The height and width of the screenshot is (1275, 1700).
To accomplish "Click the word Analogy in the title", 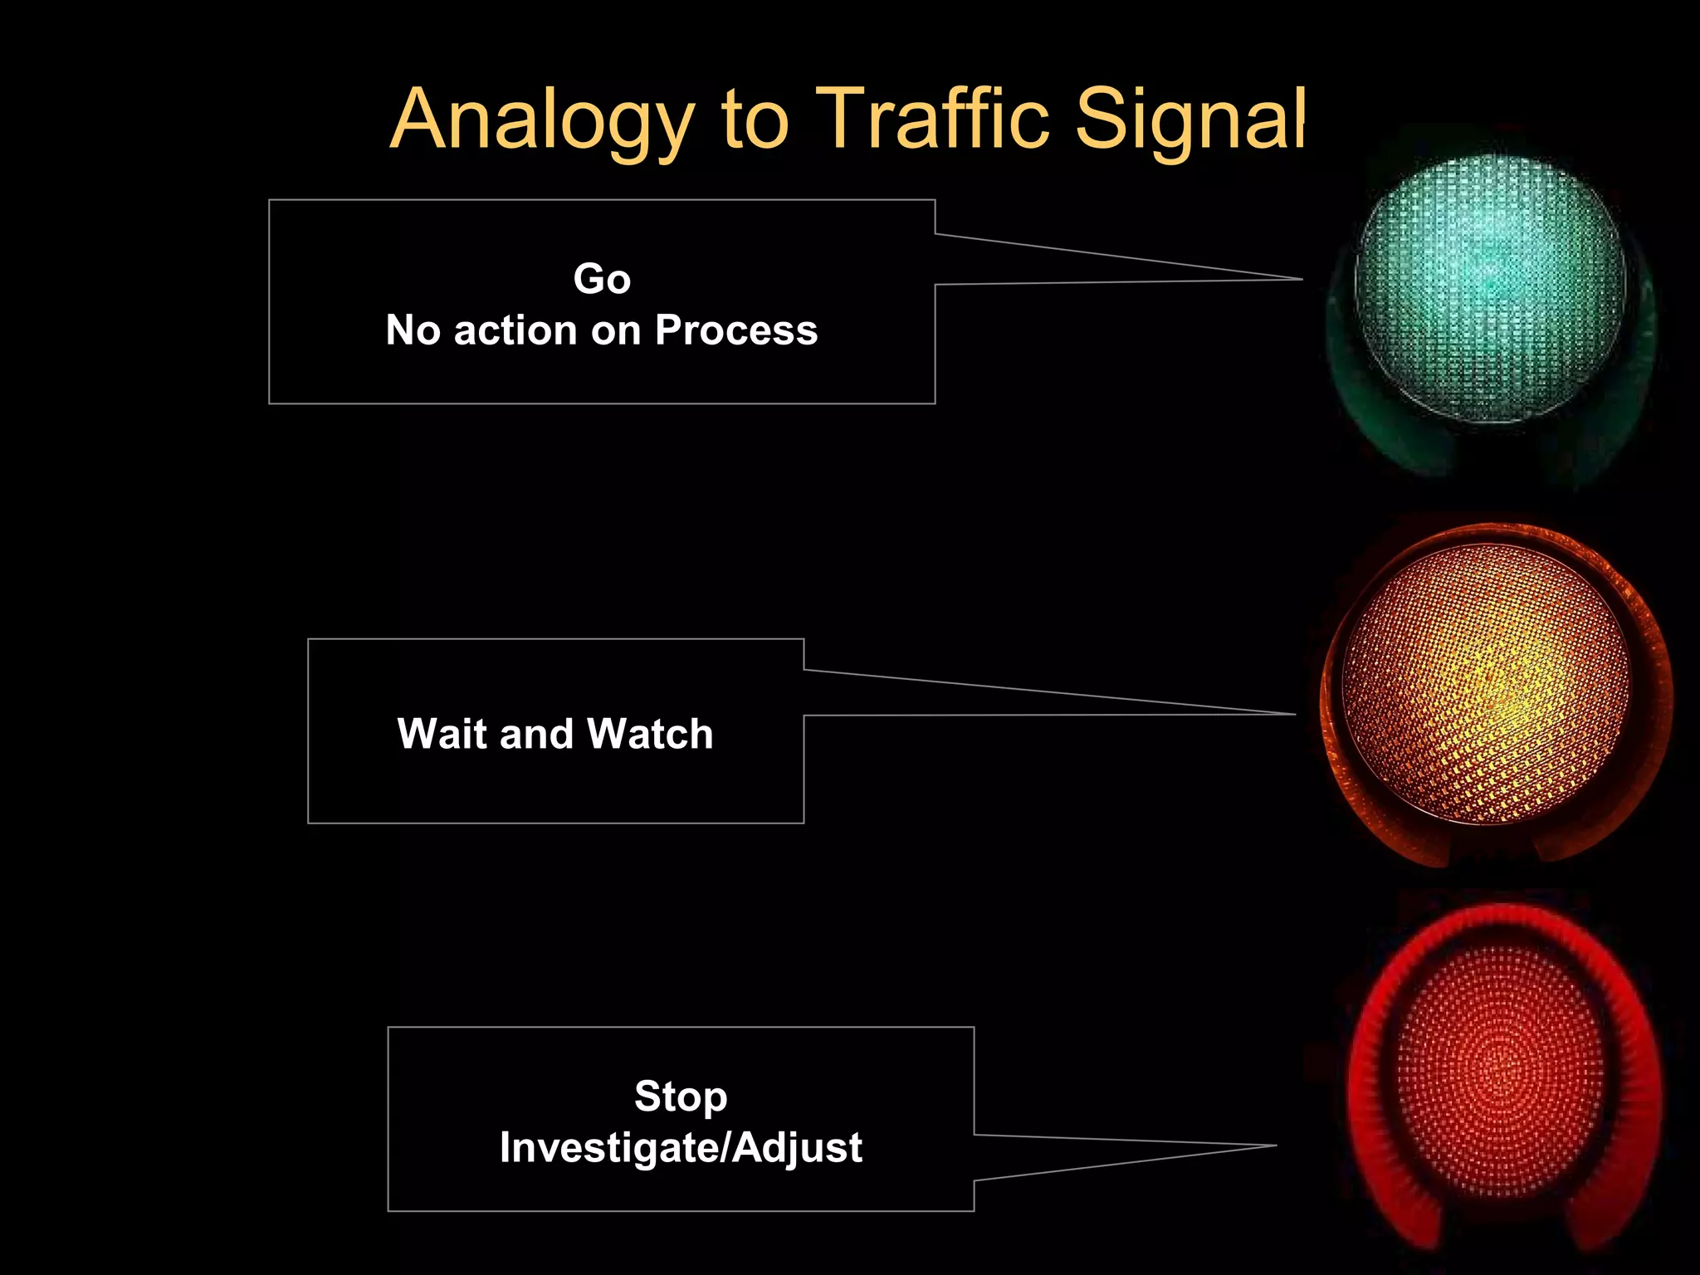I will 542,121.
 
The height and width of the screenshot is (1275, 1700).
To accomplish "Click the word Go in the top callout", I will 602,279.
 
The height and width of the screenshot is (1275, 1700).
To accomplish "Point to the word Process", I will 736,330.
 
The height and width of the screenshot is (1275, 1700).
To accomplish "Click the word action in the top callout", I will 515,330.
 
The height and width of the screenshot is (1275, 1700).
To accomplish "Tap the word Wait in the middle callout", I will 443,734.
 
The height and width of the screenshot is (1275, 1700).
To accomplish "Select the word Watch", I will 650,734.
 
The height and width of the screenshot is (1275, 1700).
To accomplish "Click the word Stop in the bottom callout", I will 681,1096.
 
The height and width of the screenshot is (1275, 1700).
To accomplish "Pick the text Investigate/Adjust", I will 681,1147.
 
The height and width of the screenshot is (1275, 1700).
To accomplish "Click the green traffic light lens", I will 1489,289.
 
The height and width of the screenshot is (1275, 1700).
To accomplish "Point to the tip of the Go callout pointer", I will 1300,280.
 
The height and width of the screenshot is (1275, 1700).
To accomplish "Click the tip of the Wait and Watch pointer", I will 1293,714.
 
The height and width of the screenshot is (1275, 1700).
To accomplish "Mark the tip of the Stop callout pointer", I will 1274,1146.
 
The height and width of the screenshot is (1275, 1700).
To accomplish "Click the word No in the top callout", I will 413,330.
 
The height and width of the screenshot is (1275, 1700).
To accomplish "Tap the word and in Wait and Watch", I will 538,734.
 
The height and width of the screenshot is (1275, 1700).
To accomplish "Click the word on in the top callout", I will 615,330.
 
